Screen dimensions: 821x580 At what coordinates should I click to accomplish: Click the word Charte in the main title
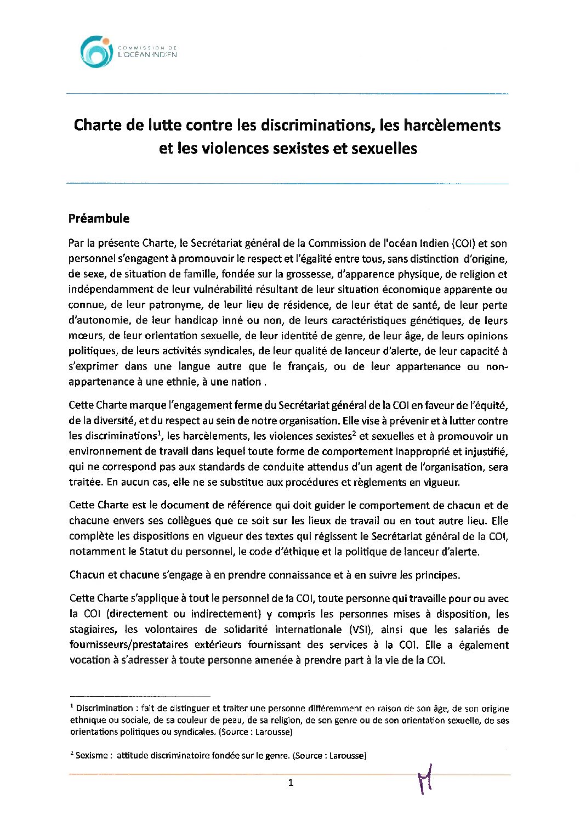tap(98, 126)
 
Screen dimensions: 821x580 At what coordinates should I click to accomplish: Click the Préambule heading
tap(99, 218)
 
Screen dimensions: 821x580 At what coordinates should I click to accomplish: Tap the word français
tap(306, 366)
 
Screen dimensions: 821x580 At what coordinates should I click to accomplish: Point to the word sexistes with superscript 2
tap(332, 437)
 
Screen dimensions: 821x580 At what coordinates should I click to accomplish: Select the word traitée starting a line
tap(85, 483)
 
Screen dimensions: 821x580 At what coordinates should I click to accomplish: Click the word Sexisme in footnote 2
tap(92, 756)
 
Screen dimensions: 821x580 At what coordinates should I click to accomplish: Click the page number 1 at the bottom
tap(291, 783)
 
